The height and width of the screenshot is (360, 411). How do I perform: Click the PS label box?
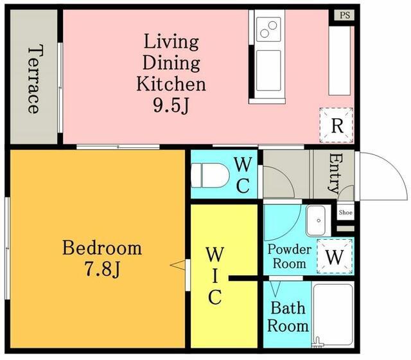point(344,15)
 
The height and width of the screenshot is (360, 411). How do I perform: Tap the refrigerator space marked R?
point(337,125)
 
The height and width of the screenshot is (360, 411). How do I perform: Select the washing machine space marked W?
point(335,256)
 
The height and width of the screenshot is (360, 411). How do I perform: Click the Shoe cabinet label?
point(345,212)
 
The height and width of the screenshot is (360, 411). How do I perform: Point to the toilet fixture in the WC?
point(210,175)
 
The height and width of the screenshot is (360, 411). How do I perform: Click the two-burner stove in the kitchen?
point(268,29)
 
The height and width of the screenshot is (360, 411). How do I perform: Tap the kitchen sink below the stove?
point(268,70)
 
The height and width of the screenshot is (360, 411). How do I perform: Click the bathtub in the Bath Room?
point(333,314)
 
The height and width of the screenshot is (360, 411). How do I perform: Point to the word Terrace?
point(34,78)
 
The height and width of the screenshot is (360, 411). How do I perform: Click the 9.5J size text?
point(171,106)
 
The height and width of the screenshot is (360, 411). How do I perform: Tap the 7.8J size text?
point(103,269)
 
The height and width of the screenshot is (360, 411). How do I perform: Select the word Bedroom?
point(102,248)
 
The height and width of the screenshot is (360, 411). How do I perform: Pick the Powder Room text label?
point(290,256)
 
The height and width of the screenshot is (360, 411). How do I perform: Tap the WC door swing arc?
point(286,175)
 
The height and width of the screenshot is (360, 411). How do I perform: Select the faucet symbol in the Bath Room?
point(318,341)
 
